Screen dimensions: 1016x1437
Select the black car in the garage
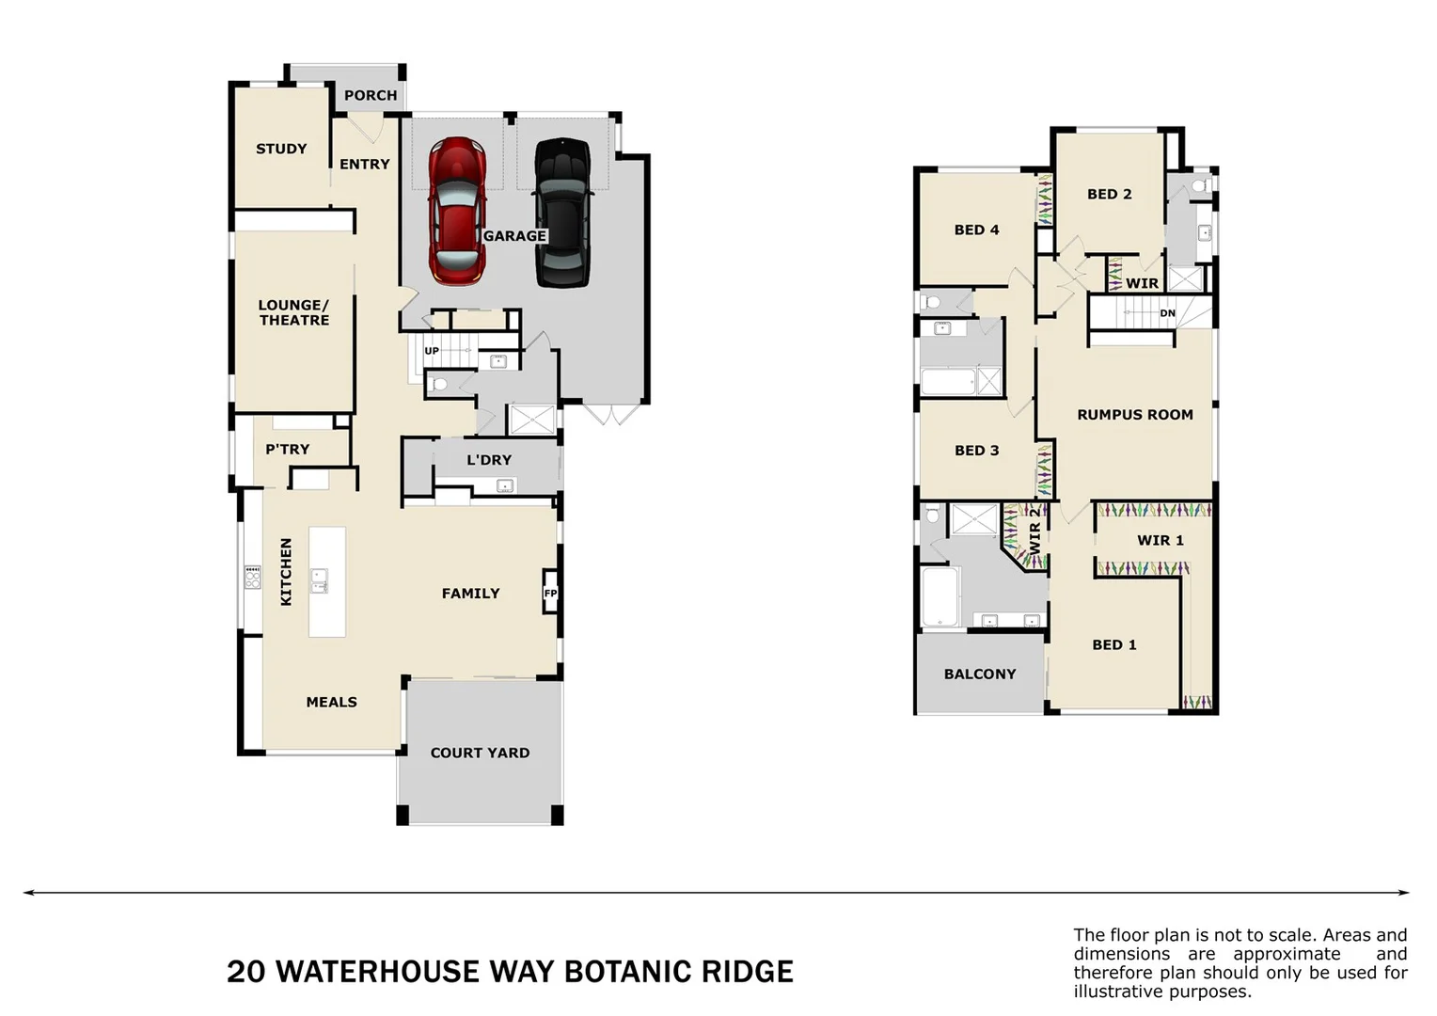click(563, 212)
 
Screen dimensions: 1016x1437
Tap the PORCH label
click(371, 95)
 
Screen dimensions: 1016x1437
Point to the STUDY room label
click(281, 149)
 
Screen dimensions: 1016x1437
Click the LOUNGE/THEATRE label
click(293, 312)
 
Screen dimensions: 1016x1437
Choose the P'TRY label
click(287, 450)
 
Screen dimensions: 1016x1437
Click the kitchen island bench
click(326, 581)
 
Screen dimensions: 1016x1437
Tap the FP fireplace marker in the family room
click(550, 594)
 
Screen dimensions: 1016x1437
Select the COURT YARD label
click(480, 753)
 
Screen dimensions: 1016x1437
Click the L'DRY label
click(489, 460)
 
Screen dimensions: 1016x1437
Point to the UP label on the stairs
click(432, 351)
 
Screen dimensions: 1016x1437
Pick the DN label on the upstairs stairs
click(1167, 313)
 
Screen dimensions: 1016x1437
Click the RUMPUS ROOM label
click(1134, 415)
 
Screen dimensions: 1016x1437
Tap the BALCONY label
click(980, 675)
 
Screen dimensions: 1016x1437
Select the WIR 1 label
click(1160, 540)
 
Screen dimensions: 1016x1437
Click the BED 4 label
click(976, 230)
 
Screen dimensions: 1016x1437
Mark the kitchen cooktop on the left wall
click(252, 577)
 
